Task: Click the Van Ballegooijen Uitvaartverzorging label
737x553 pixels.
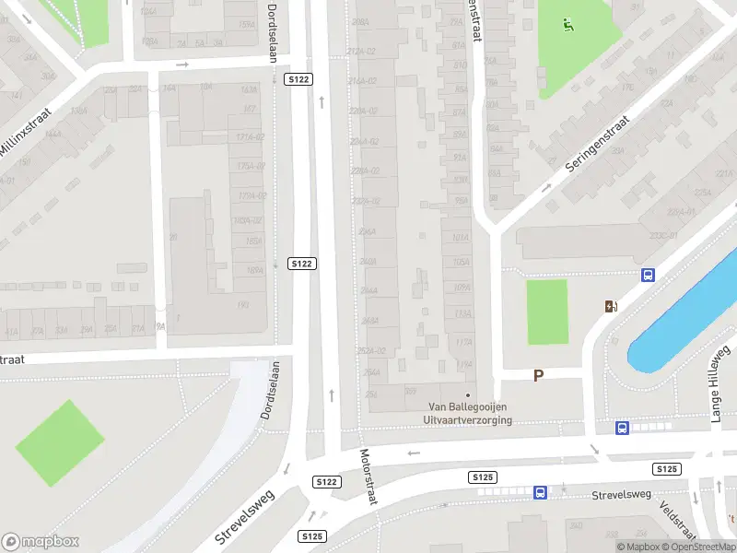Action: (x=469, y=414)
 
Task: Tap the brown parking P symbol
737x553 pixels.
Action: (x=539, y=375)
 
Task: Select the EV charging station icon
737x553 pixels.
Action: (x=610, y=307)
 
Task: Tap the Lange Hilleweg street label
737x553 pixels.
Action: (x=719, y=383)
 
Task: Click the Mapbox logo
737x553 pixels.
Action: (x=41, y=541)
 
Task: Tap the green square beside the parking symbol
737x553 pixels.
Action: (x=546, y=312)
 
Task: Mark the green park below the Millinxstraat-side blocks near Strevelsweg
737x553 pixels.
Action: (x=59, y=443)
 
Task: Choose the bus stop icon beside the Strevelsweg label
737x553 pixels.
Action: (x=540, y=492)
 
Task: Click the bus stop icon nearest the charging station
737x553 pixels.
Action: (x=648, y=275)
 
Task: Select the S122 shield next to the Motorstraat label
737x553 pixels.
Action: (x=326, y=482)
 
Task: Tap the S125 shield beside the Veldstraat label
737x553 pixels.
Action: (x=667, y=469)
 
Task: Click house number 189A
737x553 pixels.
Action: (x=254, y=270)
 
